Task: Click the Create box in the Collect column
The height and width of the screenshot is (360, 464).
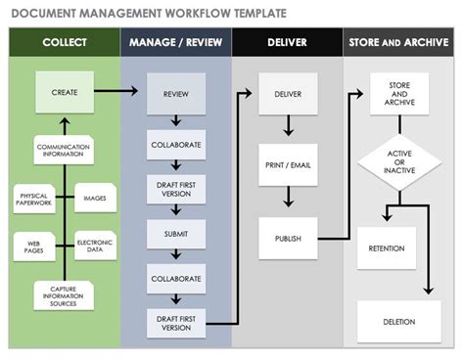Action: [64, 93]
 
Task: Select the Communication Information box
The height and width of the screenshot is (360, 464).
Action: [64, 151]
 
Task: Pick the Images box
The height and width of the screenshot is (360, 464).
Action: [95, 199]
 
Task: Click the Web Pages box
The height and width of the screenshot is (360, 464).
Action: [33, 246]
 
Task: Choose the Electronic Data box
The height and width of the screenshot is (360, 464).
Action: [95, 246]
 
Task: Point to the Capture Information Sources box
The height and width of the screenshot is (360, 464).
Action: [64, 293]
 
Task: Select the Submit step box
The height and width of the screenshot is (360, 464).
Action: [176, 234]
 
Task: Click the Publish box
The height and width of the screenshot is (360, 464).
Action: [287, 238]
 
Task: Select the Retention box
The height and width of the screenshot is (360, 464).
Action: [386, 248]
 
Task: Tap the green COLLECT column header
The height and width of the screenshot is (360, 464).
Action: [64, 43]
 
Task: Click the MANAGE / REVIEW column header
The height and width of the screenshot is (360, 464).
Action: [176, 43]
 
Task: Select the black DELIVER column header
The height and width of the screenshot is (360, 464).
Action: [287, 43]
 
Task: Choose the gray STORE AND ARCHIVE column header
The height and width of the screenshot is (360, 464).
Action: [398, 43]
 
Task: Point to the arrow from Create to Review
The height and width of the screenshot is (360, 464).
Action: [119, 92]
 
